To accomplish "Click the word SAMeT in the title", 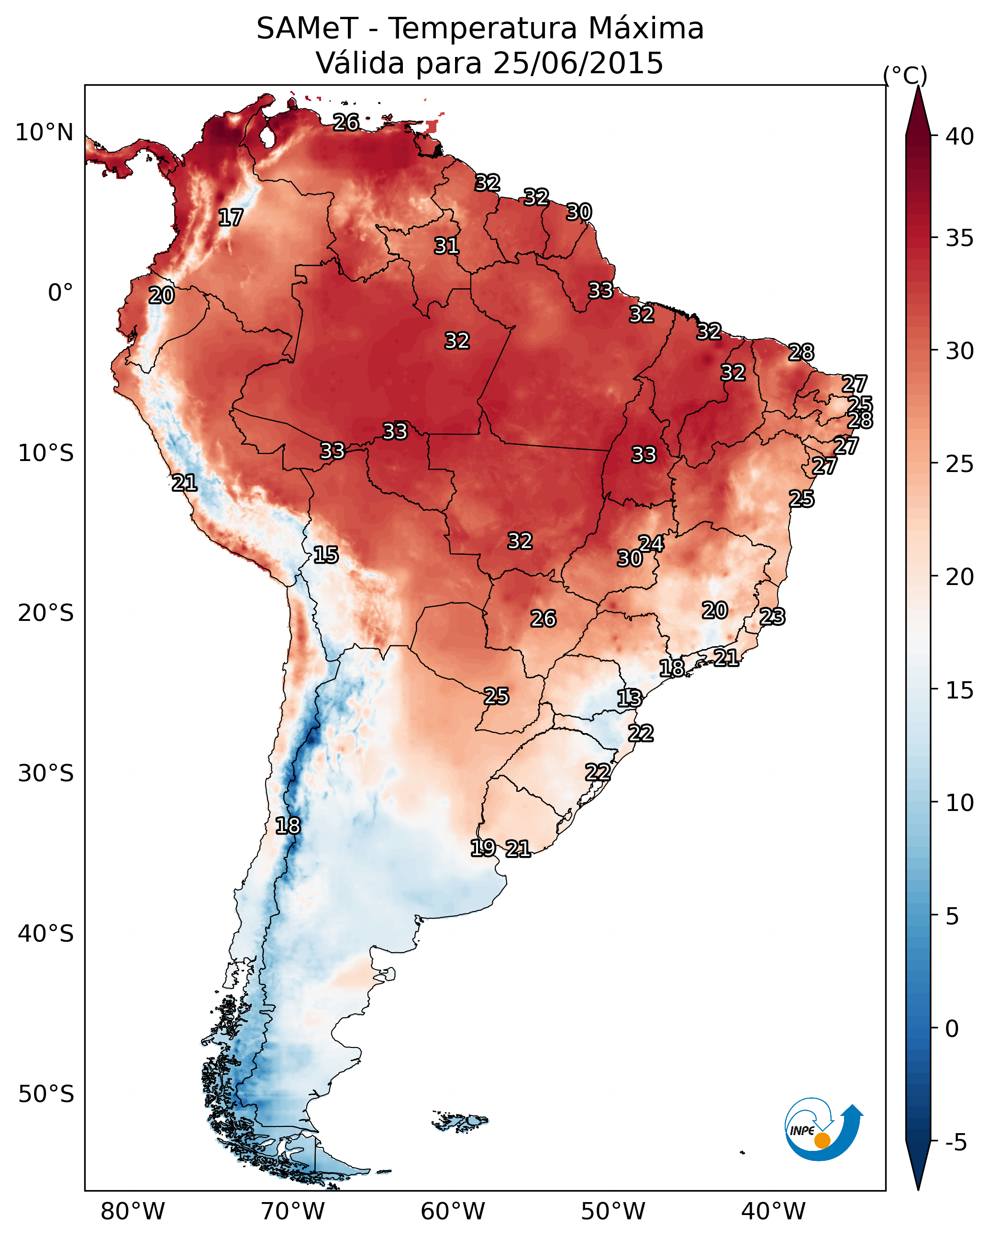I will click(307, 29).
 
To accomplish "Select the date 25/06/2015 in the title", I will click(578, 63).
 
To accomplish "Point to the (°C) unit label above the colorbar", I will click(905, 75).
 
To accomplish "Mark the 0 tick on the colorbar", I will click(952, 1028).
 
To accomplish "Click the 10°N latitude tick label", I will click(44, 133).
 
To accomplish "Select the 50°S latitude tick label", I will click(46, 1094).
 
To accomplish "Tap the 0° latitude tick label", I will click(60, 293).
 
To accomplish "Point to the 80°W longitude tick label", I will click(133, 1212).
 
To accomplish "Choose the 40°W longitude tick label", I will click(773, 1212).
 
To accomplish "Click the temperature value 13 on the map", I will click(629, 698).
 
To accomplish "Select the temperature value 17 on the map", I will click(231, 218).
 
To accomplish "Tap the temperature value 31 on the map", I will click(446, 246).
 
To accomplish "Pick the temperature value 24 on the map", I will click(651, 543).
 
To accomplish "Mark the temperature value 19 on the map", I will click(483, 847).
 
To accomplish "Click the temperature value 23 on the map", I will click(772, 617).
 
